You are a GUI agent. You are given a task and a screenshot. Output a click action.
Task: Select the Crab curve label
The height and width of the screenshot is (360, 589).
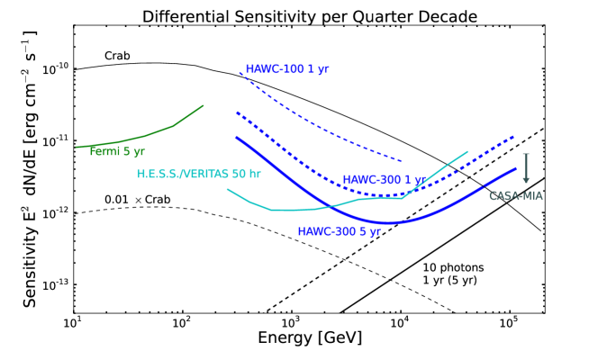click(x=117, y=56)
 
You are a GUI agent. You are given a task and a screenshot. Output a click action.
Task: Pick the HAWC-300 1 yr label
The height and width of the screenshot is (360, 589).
click(x=382, y=180)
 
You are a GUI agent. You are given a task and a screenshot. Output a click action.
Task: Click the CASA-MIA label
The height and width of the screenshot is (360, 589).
click(x=516, y=195)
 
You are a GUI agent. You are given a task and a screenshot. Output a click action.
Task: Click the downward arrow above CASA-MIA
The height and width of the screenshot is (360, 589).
click(x=526, y=168)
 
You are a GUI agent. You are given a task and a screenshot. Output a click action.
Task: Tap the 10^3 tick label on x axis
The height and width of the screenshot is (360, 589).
click(x=291, y=321)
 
